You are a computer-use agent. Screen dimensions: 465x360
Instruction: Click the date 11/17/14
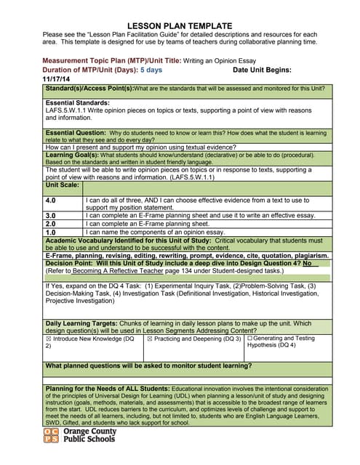(57, 78)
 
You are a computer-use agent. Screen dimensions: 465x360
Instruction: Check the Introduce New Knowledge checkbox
(49, 339)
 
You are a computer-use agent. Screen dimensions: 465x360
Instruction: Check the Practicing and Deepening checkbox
(150, 339)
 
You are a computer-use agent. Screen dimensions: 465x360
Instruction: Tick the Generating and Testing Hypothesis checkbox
(250, 339)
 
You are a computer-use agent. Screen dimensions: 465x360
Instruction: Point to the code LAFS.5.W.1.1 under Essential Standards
(69, 112)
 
